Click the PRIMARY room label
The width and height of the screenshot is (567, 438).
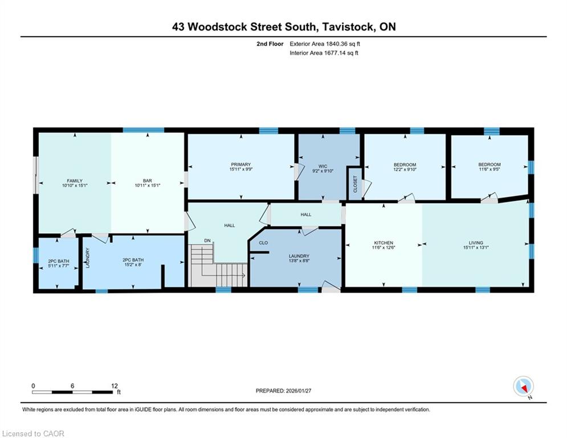pyautogui.click(x=241, y=164)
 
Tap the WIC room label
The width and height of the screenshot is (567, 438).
pyautogui.click(x=323, y=167)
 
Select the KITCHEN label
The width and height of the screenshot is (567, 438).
pyautogui.click(x=384, y=243)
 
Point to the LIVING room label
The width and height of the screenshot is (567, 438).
pyautogui.click(x=476, y=243)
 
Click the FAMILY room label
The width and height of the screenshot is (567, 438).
pyautogui.click(x=75, y=181)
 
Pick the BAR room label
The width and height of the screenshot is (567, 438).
pyautogui.click(x=148, y=181)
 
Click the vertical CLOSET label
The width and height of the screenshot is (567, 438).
pyautogui.click(x=355, y=184)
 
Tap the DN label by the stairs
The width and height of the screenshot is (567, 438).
pyautogui.click(x=207, y=241)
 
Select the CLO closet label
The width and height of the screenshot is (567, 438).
pyautogui.click(x=264, y=243)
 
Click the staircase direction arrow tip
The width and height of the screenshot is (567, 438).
pyautogui.click(x=245, y=275)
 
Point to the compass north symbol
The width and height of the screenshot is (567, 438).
pyautogui.click(x=524, y=387)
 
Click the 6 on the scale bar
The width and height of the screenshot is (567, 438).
pyautogui.click(x=72, y=386)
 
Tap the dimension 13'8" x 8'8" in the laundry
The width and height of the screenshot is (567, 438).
pyautogui.click(x=299, y=261)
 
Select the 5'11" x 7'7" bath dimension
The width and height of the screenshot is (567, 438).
pyautogui.click(x=59, y=266)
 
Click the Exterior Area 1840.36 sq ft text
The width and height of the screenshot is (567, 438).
pyautogui.click(x=325, y=44)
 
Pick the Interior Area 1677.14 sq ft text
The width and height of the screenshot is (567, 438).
pyautogui.click(x=324, y=53)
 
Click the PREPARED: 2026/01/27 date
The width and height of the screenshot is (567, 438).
pyautogui.click(x=284, y=391)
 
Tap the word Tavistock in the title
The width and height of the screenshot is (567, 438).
pyautogui.click(x=348, y=27)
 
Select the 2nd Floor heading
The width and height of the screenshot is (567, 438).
pyautogui.click(x=270, y=44)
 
